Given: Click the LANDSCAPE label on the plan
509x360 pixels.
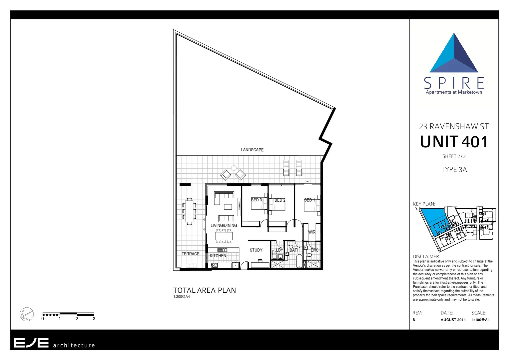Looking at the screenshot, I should [252, 150].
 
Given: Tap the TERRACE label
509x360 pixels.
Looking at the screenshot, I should [191, 254].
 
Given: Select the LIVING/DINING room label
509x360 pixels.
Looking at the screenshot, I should [224, 226].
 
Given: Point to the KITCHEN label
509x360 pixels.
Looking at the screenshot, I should [218, 256].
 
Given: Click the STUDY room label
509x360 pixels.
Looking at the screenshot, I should [256, 250].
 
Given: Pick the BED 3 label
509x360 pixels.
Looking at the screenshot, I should [256, 200].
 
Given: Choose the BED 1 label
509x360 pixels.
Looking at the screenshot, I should [309, 200].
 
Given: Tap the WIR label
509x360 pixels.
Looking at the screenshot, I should [312, 232].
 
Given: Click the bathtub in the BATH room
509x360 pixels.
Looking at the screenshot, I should [299, 261].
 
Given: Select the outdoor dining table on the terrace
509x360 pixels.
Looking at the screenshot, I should [189, 211].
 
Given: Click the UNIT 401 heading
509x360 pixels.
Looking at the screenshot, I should [454, 142].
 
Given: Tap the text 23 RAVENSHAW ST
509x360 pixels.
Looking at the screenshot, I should [454, 127].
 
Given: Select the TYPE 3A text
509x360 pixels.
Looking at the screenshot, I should [454, 170].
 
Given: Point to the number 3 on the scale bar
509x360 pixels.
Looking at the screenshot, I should [94, 319].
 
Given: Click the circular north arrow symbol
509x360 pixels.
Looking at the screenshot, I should [27, 314].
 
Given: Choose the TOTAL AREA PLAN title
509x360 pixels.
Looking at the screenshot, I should [205, 290].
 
